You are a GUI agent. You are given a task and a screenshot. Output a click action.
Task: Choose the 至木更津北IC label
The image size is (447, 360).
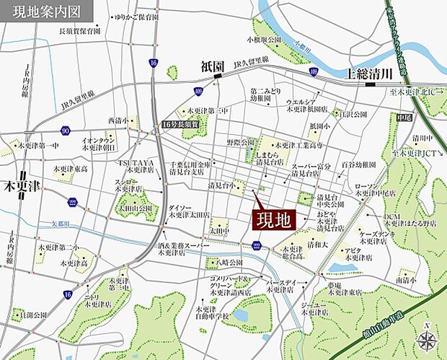coord(415,92)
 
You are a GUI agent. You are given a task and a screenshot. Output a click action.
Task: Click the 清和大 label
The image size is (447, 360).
coord(317,245)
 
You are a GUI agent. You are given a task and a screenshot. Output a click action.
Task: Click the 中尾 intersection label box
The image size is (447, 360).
coord(404,117)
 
